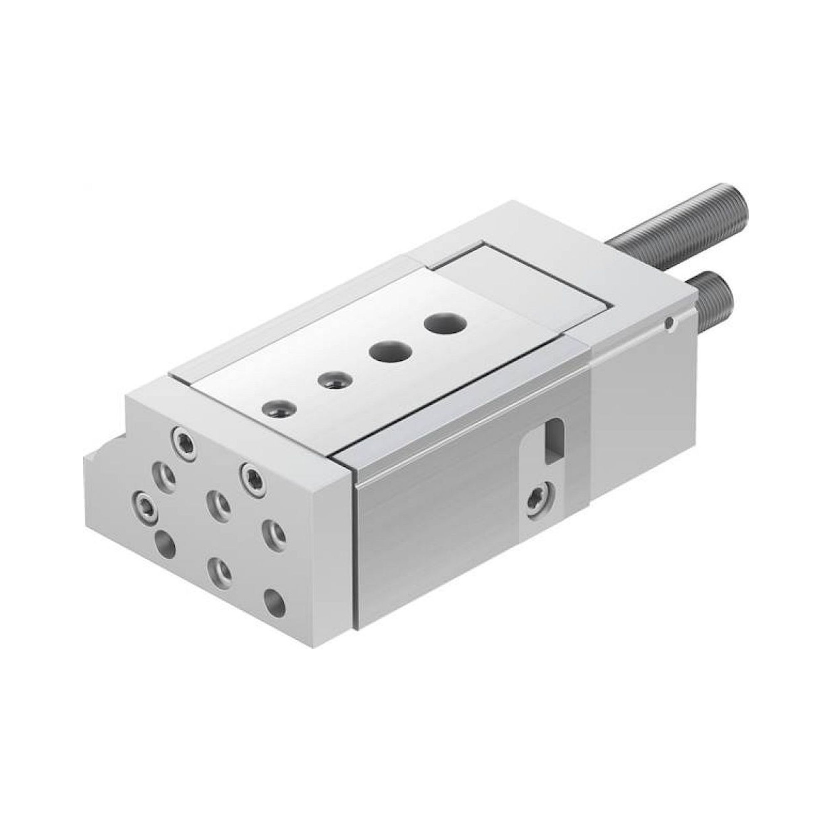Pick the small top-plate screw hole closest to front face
pyautogui.click(x=280, y=407)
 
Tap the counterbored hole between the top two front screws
pyautogui.click(x=165, y=475)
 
